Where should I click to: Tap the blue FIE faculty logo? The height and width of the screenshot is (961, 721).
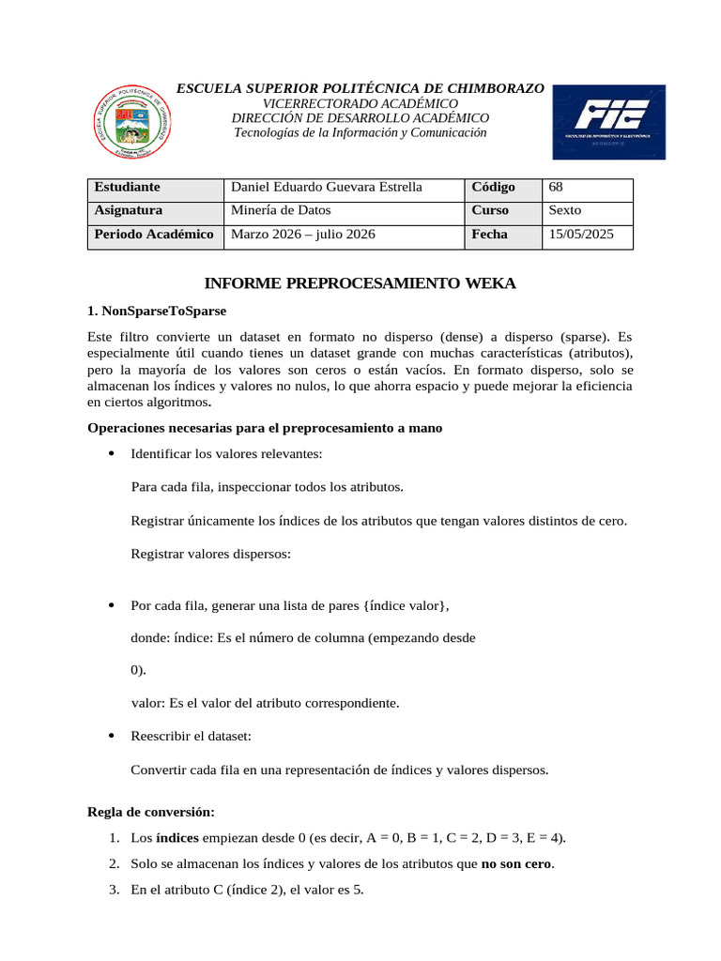[x=608, y=122]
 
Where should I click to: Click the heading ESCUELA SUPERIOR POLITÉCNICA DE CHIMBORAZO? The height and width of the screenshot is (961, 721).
[x=360, y=87]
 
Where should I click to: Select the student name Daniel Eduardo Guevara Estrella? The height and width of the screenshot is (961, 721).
[x=327, y=187]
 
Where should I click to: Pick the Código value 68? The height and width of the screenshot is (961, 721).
[x=556, y=187]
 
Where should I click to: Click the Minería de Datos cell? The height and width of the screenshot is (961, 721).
[x=281, y=210]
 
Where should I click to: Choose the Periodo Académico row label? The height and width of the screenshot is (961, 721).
[x=155, y=235]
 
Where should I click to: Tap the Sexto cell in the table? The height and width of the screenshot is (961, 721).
[x=565, y=210]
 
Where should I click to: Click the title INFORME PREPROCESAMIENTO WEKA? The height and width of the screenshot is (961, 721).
[x=360, y=282]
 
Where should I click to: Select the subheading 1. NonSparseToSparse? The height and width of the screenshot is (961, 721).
[x=157, y=310]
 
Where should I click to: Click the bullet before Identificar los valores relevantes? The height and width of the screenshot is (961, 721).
[x=112, y=454]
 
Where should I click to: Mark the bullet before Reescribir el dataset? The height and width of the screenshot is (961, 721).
[x=112, y=736]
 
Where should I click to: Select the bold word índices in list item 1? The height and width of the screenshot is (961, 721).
[x=177, y=838]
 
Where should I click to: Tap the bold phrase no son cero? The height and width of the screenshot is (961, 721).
[x=517, y=863]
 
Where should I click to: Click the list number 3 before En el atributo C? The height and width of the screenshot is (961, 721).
[x=113, y=889]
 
